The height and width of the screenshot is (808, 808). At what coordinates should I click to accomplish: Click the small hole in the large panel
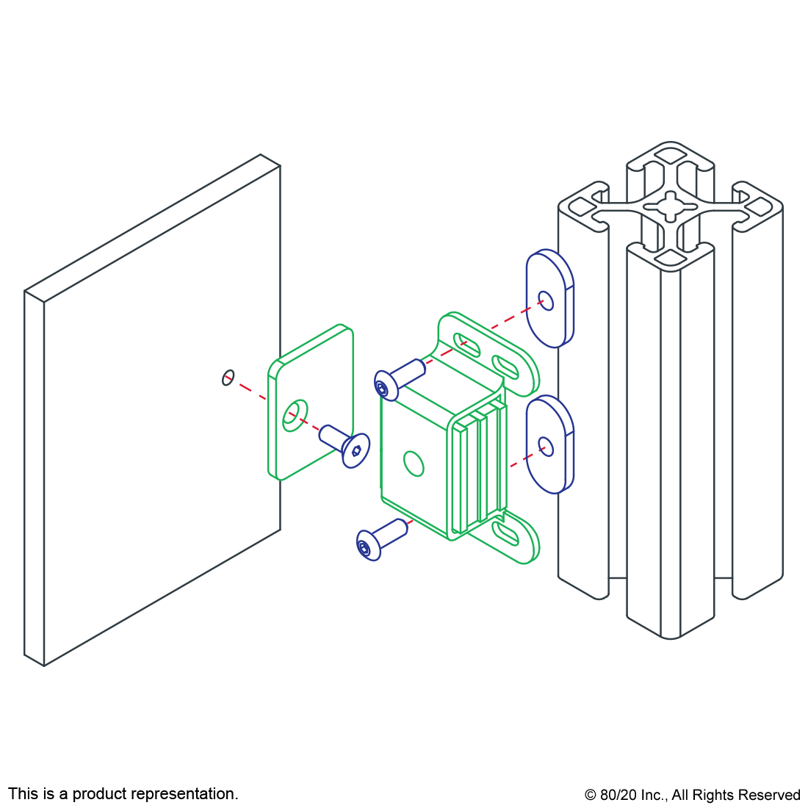pos(228,378)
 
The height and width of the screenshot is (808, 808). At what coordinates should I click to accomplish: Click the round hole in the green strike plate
pos(295,415)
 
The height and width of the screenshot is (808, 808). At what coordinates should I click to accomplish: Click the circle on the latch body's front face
pos(414,463)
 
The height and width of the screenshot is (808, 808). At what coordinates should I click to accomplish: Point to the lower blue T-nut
pos(549,444)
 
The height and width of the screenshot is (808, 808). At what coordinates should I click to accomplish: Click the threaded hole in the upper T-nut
pos(544,301)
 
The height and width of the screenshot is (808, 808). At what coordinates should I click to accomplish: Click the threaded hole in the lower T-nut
pos(544,446)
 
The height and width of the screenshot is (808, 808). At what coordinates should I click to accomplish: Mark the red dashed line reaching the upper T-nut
pos(507,319)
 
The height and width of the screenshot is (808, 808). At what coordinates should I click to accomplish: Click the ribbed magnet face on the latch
pos(481,470)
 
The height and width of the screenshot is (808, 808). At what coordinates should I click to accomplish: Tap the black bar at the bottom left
pos(123,795)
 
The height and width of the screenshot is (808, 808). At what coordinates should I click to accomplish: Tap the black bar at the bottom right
pos(691,796)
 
